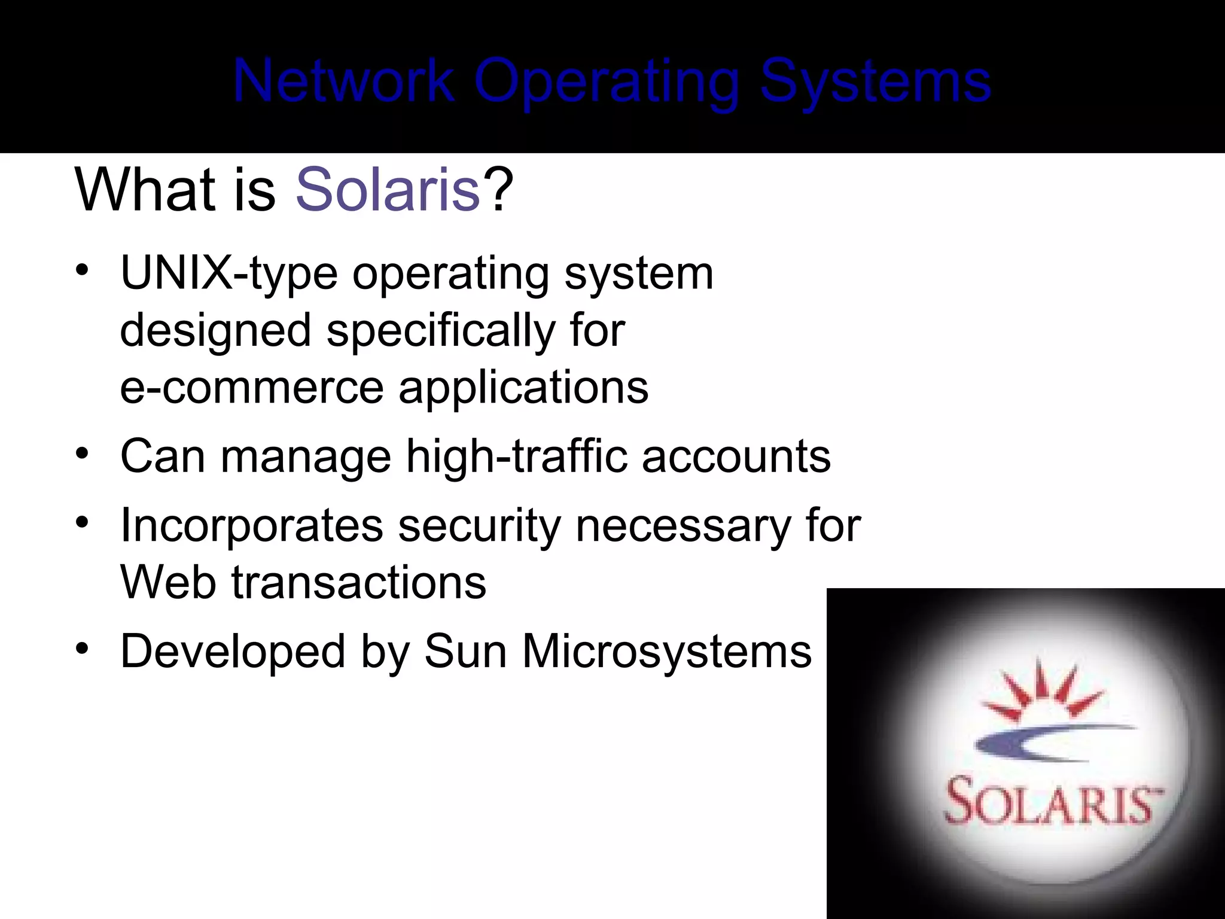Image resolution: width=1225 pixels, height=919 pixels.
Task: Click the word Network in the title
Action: pyautogui.click(x=344, y=81)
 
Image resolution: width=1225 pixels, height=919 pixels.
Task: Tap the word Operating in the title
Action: pyautogui.click(x=607, y=82)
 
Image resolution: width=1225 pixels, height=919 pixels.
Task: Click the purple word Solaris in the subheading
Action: pyautogui.click(x=388, y=190)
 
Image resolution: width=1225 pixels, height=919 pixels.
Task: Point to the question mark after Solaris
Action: pyautogui.click(x=498, y=190)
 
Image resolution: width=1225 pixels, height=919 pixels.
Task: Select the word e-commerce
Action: pyautogui.click(x=251, y=387)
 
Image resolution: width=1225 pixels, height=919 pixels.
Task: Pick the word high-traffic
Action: pyautogui.click(x=516, y=457)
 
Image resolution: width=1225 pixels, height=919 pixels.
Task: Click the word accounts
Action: pyautogui.click(x=736, y=457)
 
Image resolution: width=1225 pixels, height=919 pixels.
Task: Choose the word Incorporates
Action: pyautogui.click(x=251, y=525)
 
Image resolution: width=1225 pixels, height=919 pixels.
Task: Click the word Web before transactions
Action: pyautogui.click(x=168, y=582)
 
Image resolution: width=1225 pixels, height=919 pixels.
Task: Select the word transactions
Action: pyautogui.click(x=359, y=582)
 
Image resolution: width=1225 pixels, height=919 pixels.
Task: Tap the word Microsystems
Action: pyautogui.click(x=667, y=651)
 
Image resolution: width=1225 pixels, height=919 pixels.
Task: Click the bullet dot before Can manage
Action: pyautogui.click(x=83, y=454)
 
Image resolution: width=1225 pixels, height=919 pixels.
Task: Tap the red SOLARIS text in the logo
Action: pyautogui.click(x=1050, y=802)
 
